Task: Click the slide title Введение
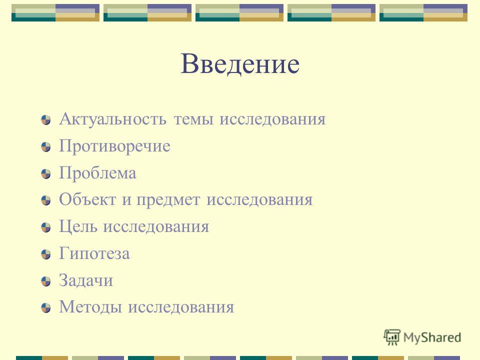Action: (x=240, y=63)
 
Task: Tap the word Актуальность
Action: (x=113, y=119)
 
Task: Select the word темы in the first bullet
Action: (x=193, y=119)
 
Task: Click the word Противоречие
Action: (x=114, y=145)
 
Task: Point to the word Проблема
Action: (x=97, y=172)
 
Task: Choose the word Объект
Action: (x=87, y=199)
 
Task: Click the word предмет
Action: (x=168, y=200)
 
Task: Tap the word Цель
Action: (x=78, y=227)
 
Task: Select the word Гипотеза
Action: (x=94, y=253)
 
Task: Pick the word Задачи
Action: (x=85, y=280)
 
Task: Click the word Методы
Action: (x=90, y=307)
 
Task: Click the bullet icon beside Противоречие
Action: (x=46, y=147)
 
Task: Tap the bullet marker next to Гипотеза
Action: (x=46, y=254)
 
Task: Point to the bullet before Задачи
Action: (x=46, y=281)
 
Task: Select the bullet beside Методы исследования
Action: (x=46, y=308)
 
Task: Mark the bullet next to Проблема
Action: (x=46, y=174)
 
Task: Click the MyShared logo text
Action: (x=432, y=338)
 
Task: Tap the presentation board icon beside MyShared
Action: (x=392, y=337)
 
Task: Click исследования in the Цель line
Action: (x=156, y=227)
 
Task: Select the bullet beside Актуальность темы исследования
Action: (x=46, y=120)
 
